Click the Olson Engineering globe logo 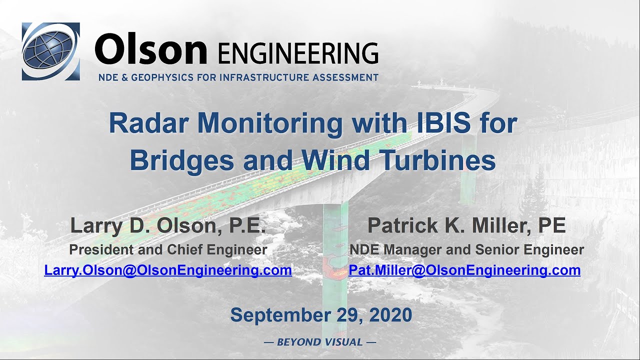click(x=50, y=51)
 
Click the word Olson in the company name click(x=150, y=50)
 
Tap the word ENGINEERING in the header click(x=298, y=52)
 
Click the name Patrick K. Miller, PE click(x=466, y=226)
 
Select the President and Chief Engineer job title click(x=168, y=249)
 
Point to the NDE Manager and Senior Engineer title click(x=466, y=249)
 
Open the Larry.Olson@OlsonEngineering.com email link click(x=168, y=270)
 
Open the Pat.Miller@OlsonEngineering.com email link click(x=464, y=270)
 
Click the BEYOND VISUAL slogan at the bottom click(x=320, y=342)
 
